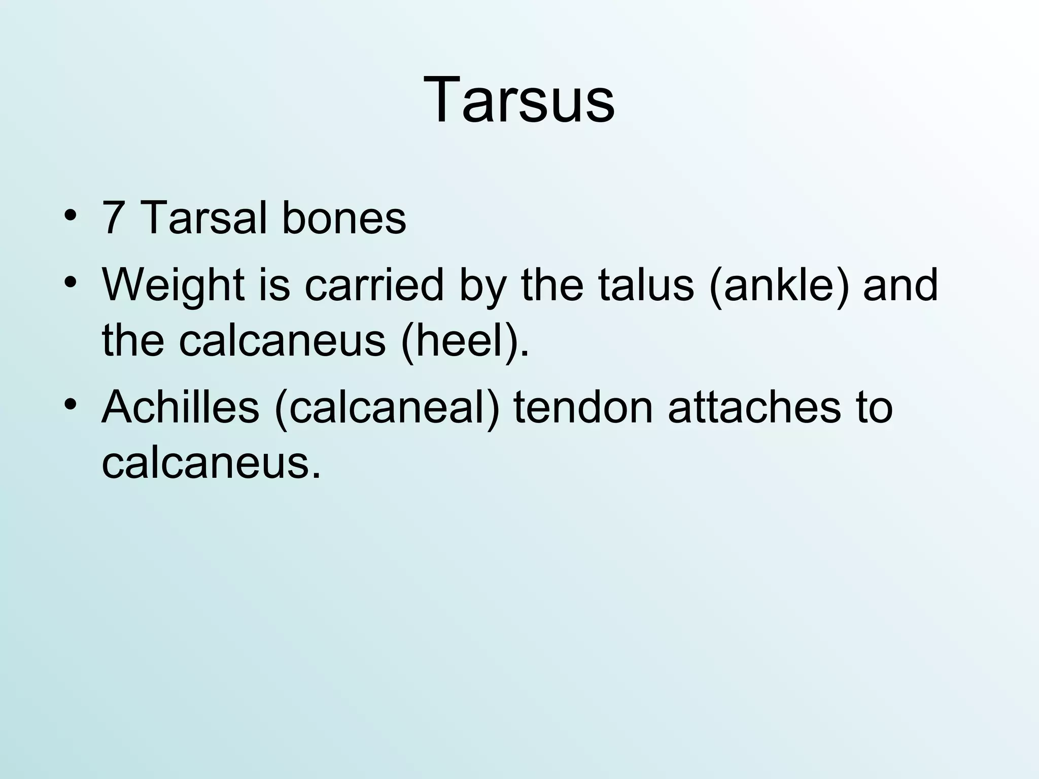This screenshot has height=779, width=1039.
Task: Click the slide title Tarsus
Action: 519,99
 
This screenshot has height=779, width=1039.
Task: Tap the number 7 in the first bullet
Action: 114,219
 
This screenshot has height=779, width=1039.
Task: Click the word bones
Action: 344,219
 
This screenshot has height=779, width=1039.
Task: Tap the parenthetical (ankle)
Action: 779,286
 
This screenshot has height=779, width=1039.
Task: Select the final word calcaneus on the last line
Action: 211,463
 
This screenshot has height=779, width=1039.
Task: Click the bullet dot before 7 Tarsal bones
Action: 71,215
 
